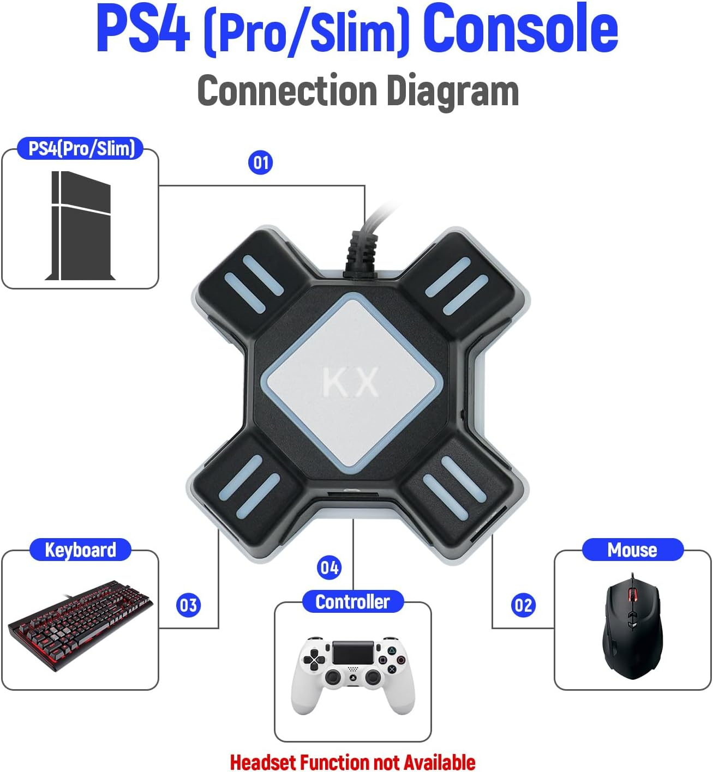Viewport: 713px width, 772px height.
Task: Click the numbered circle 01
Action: [260, 162]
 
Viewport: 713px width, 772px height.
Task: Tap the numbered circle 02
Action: [523, 605]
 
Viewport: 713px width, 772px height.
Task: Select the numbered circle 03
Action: [188, 605]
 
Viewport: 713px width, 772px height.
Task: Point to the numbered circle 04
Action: [329, 568]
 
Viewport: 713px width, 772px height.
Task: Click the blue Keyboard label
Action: [80, 550]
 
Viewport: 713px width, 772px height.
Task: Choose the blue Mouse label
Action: [632, 550]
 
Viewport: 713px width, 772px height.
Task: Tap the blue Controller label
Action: [352, 601]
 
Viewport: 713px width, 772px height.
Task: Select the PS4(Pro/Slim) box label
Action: [81, 148]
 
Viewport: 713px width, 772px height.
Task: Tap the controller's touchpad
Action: [353, 652]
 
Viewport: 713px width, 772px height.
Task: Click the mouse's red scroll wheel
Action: [633, 594]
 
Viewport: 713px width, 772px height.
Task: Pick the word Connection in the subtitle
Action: [287, 91]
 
